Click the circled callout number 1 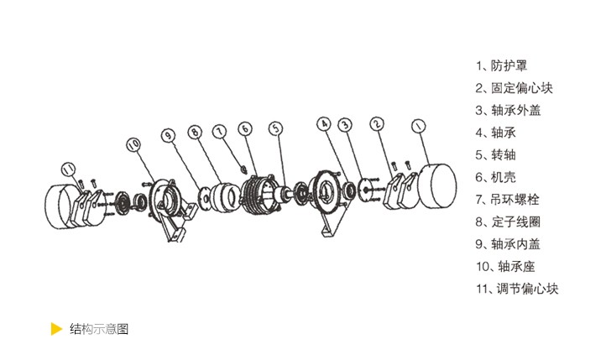tap(419, 126)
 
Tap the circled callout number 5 tap(275, 128)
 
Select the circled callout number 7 tap(220, 132)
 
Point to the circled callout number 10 tap(133, 144)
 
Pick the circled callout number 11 tap(69, 169)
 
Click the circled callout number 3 tap(345, 124)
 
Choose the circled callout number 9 tap(168, 135)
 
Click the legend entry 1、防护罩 tap(501, 65)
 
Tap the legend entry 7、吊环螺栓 tap(507, 200)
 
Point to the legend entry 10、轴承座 tap(505, 267)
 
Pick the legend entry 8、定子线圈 tap(508, 222)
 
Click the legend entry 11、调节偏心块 tap(517, 289)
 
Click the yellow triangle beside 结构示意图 tap(56, 329)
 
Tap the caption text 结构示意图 tap(99, 329)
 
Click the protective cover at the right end tap(438, 185)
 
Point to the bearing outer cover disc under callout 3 tap(365, 190)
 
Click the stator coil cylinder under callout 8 tap(227, 197)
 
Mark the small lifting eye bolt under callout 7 tap(244, 169)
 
